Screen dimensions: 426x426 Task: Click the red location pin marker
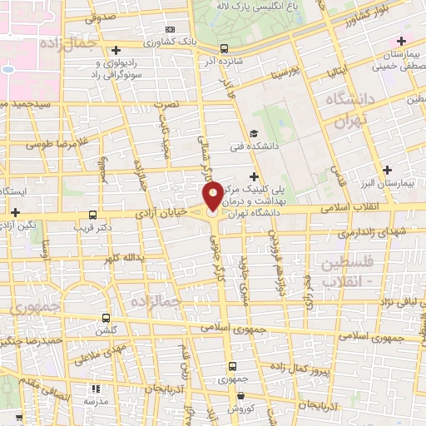point(213,196)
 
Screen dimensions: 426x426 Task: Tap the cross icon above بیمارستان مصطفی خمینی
point(402,42)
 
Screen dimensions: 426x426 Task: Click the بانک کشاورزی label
point(172,41)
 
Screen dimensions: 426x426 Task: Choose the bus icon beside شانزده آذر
point(222,48)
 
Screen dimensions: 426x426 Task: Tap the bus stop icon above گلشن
point(106,318)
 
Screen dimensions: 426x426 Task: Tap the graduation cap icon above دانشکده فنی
point(255,132)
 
